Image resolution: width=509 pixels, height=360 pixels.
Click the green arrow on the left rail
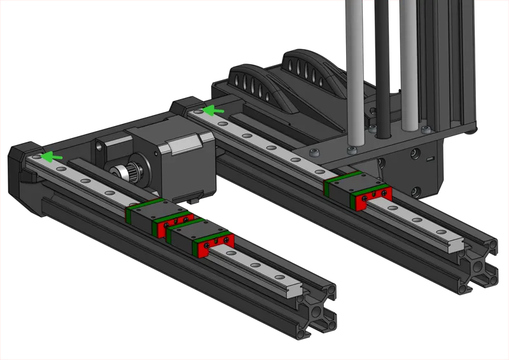click(53, 156)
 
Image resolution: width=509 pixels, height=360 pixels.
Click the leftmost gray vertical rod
click(355, 70)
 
